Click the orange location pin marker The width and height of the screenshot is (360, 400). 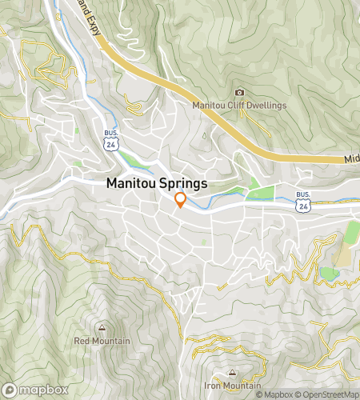click(x=180, y=200)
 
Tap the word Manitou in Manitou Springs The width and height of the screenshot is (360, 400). click(x=130, y=183)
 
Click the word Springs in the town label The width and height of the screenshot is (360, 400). click(x=182, y=183)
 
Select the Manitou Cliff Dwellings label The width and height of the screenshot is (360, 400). click(x=238, y=104)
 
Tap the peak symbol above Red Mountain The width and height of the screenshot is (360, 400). click(x=102, y=328)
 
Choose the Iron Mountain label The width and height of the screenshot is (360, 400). click(x=232, y=385)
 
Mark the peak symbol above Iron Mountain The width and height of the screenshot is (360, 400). click(x=232, y=373)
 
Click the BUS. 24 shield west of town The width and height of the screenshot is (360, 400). click(x=110, y=141)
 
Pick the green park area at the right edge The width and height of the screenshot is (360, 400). click(x=353, y=232)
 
